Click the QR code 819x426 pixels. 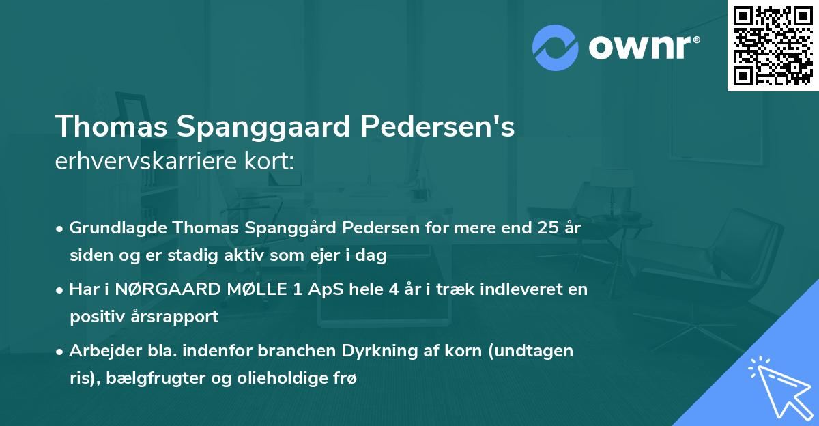(x=773, y=45)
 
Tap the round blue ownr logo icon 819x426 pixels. (x=556, y=48)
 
